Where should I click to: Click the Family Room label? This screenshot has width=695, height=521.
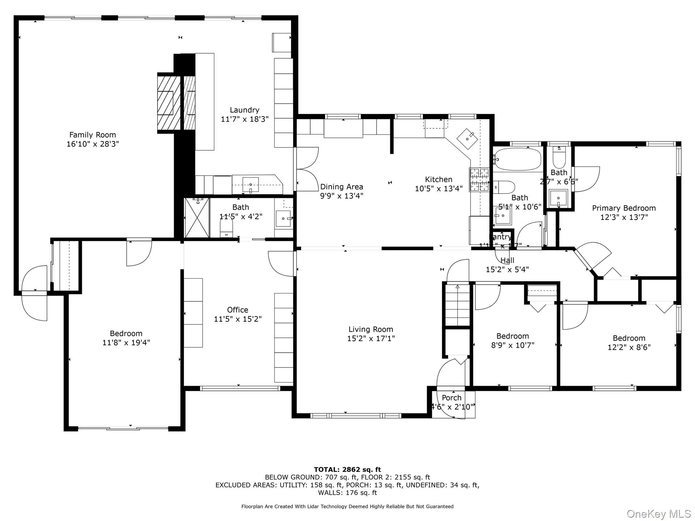(93, 135)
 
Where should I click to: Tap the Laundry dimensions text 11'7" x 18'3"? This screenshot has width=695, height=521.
(245, 119)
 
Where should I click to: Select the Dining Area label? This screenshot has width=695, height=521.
(341, 187)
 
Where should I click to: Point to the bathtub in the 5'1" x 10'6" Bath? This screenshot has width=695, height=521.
(518, 159)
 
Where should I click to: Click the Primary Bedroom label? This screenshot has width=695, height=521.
(624, 208)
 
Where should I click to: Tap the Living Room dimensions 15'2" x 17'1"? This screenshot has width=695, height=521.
(371, 338)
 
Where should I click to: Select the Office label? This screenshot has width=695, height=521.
(237, 310)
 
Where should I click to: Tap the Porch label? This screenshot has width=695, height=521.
(451, 398)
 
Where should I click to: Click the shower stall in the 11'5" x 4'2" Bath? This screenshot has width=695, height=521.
(197, 217)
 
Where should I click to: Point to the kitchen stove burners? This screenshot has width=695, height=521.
(479, 179)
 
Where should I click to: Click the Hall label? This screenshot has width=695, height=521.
(507, 260)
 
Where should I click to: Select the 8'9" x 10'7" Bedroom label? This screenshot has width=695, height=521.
(513, 336)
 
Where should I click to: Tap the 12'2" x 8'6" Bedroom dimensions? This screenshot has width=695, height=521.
(629, 347)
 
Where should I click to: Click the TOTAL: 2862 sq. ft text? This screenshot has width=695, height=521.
(347, 470)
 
